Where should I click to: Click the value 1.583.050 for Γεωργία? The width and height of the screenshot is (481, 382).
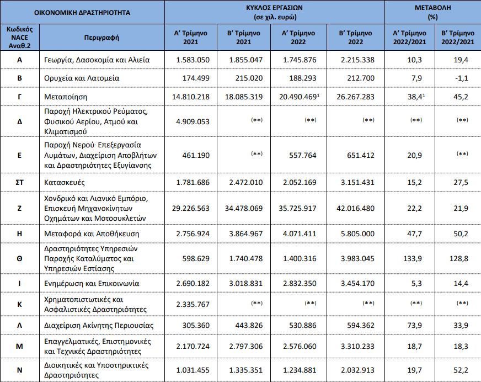pos(193,60)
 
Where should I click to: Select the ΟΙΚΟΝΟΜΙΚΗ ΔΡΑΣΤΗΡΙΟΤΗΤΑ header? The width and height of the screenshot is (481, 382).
pos(82,13)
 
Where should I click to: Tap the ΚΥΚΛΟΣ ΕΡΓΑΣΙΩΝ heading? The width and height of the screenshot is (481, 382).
pos(275,8)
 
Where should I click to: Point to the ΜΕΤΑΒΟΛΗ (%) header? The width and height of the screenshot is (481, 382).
pos(432,12)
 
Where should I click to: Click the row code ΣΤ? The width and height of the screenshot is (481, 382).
pos(19,182)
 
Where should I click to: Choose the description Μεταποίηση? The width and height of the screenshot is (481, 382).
pos(66,97)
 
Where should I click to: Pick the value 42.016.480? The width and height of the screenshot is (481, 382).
pos(356,208)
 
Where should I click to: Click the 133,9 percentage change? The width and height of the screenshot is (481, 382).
pos(412,258)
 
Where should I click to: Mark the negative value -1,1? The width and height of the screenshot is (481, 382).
pos(462,78)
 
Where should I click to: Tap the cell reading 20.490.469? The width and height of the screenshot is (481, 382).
pos(298,97)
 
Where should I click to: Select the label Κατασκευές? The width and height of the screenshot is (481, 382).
pos(65,182)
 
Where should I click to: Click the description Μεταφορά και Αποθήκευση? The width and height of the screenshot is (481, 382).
pos(92,234)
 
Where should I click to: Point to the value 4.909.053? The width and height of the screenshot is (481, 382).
pos(193,121)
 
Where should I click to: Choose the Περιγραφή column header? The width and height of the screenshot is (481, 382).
pos(101,38)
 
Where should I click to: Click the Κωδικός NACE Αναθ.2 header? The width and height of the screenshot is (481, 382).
pos(20,38)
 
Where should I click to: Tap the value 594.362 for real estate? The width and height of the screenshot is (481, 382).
pos(361,326)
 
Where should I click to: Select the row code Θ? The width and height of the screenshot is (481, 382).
pos(19,258)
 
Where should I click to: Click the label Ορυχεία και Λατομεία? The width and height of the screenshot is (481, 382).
pos(82,78)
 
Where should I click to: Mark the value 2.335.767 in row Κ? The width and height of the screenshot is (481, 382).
pos(193,305)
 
